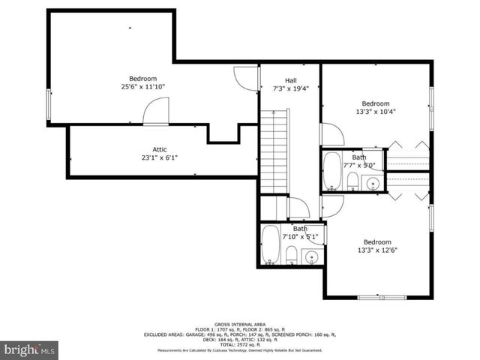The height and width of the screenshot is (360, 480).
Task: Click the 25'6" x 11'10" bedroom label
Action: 142,79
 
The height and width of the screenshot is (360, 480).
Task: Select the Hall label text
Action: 291,80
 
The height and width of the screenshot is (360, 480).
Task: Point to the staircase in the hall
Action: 274,151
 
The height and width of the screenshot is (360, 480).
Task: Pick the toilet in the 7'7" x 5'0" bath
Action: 352,180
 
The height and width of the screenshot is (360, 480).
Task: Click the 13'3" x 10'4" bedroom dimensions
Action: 375,112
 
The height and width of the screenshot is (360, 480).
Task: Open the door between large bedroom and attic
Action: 155,113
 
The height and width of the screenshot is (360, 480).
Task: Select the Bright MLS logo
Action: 29,349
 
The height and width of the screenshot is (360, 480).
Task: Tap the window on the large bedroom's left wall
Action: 49,104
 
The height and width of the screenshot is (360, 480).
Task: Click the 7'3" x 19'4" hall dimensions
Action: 291,88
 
